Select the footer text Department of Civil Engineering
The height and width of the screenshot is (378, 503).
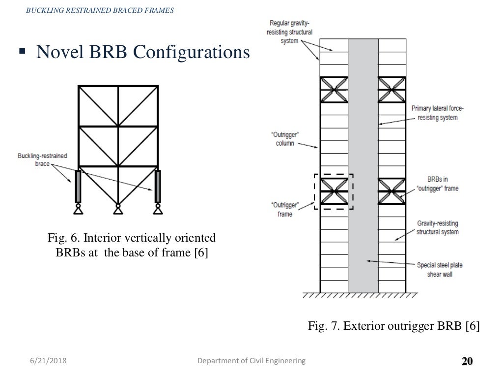coord(251,361)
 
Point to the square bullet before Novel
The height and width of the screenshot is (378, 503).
coord(22,51)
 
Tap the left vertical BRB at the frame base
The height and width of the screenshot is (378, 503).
coord(77,186)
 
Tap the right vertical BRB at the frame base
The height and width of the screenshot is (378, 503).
coord(158,186)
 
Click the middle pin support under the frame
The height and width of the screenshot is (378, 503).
coord(117,210)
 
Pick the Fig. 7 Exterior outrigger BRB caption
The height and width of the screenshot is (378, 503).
coord(393,326)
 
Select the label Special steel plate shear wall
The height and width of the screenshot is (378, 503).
coord(440,269)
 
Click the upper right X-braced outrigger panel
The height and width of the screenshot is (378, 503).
coord(392,89)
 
